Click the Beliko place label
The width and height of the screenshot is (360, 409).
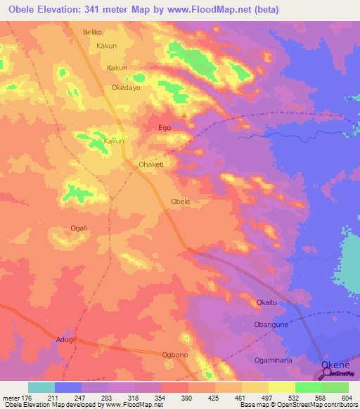click(93, 32)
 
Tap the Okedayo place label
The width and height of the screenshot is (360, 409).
click(126, 89)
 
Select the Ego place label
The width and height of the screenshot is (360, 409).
click(165, 128)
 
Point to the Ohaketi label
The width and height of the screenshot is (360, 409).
click(151, 164)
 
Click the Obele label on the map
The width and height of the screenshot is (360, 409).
click(181, 202)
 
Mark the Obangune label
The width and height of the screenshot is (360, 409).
click(272, 325)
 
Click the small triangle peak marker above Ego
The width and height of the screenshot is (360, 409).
click(184, 115)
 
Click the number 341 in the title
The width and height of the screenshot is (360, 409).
click(94, 10)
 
